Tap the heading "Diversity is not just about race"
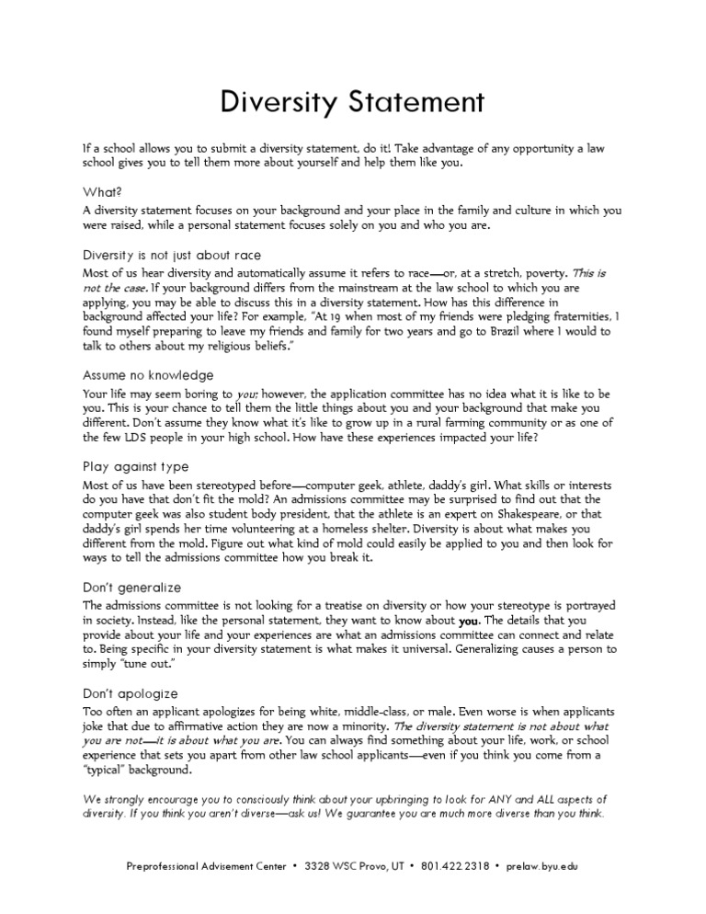pos(176,256)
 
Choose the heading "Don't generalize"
pos(132,587)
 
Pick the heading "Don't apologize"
pos(131,693)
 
